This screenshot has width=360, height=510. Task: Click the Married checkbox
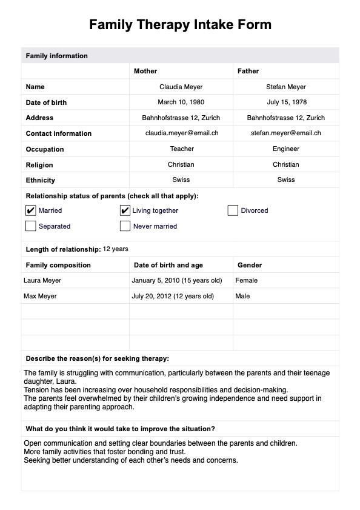point(31,210)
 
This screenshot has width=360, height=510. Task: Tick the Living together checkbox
point(125,210)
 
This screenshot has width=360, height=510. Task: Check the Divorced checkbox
point(233,210)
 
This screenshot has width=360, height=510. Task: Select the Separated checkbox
point(31,226)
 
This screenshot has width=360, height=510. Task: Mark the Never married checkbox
point(125,226)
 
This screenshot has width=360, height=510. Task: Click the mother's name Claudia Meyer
point(181,87)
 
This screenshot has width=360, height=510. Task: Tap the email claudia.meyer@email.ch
point(181,133)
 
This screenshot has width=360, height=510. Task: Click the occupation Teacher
point(181,149)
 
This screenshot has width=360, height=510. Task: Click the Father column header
point(248,71)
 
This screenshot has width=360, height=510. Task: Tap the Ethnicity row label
point(41,180)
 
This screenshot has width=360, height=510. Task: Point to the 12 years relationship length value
point(115,249)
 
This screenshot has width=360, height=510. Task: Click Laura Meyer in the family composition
point(42,280)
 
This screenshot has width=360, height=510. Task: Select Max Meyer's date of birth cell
point(173,296)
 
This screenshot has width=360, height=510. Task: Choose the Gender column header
point(249,265)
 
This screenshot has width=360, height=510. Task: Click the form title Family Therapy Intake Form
point(180,25)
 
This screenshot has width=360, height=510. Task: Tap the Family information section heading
point(56,56)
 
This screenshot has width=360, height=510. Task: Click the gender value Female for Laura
point(246,280)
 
